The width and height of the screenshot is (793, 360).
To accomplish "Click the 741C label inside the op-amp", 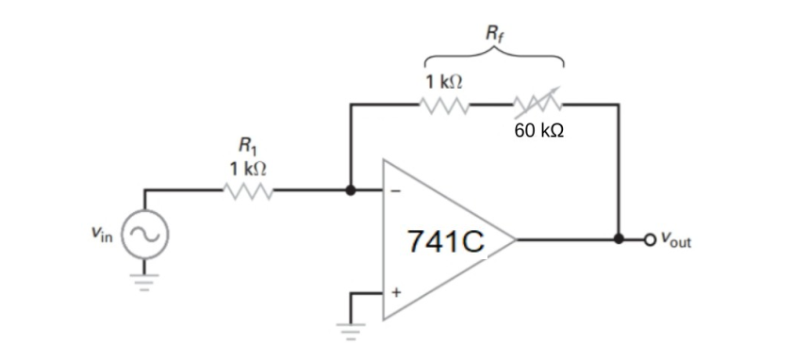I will click(446, 241).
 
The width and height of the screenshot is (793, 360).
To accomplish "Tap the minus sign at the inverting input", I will click(396, 190).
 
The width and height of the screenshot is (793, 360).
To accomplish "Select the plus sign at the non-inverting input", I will click(396, 292).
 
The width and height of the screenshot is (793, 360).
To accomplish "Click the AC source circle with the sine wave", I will click(146, 238).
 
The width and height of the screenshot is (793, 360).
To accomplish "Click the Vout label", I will click(675, 240).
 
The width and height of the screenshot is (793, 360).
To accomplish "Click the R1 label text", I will click(246, 148).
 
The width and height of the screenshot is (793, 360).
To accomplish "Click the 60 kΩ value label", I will click(539, 130).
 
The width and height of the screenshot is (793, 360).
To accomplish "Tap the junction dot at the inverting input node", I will click(351, 190).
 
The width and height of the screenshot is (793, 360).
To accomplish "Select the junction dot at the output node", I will click(620, 239).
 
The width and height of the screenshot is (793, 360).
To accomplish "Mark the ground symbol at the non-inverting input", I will click(351, 330).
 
